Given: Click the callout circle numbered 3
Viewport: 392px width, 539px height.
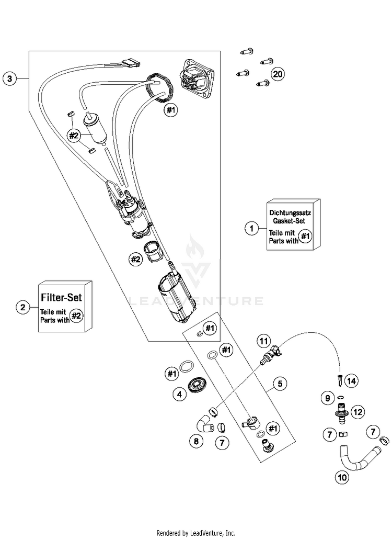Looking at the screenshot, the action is pos(9,78).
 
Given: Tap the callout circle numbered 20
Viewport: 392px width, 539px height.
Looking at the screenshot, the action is pos(278,74).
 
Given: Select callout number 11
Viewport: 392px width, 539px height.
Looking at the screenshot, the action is pos(263,342).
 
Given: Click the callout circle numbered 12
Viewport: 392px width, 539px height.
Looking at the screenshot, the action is pos(358,412).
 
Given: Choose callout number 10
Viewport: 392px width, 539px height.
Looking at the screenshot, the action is pos(342,477).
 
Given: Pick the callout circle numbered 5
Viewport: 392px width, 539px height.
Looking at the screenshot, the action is pos(280,383).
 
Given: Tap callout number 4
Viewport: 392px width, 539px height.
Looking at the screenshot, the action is pos(179,394).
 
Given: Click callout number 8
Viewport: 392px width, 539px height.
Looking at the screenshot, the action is pos(196,441).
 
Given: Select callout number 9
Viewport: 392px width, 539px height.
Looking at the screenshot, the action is pos(328,398).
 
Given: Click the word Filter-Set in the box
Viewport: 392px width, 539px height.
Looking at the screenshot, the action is pos(62,297).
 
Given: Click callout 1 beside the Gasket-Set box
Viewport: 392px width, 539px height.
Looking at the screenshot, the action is pos(251,228).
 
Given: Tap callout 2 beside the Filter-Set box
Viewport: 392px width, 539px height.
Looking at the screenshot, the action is pos(22,307).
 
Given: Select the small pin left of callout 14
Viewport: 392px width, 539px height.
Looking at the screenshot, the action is pos(340,380).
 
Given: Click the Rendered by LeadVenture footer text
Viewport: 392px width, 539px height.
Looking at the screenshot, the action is pos(196,533).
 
